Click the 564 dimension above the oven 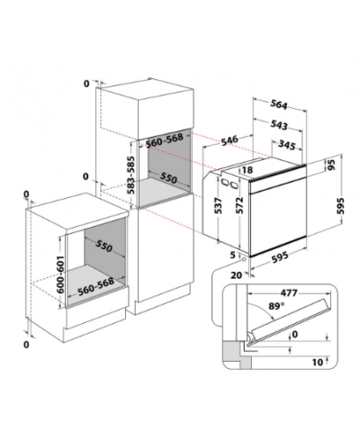click(x=279, y=104)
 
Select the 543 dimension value click(x=279, y=124)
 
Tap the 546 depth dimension click(x=229, y=140)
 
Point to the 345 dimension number click(x=287, y=144)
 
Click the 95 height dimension click(x=331, y=165)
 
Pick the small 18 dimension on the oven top click(x=247, y=170)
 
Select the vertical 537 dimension click(x=219, y=205)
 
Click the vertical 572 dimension click(x=239, y=205)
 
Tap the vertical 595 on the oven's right click(x=340, y=206)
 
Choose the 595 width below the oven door click(x=279, y=257)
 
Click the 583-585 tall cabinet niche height click(x=131, y=175)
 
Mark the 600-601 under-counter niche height click(x=60, y=274)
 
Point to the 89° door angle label click(x=276, y=306)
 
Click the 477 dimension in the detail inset click(x=289, y=292)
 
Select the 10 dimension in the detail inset click(x=318, y=362)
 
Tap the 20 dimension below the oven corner click(x=237, y=274)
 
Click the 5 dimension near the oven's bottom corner click(x=233, y=256)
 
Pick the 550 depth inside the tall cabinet click(x=168, y=177)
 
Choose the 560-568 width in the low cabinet click(x=95, y=287)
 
